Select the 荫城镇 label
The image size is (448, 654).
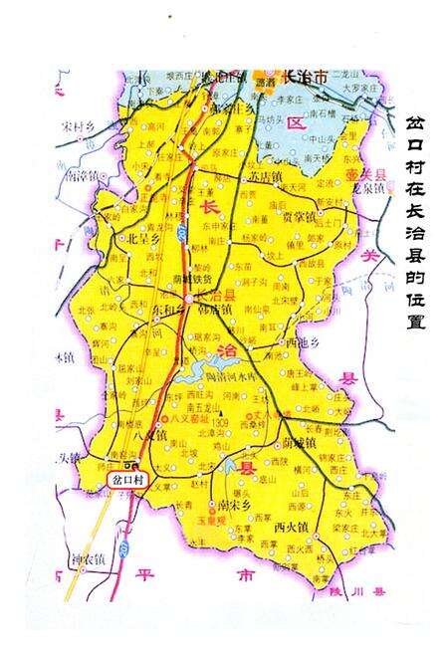coord(299,441)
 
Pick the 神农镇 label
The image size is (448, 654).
coord(85,556)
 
